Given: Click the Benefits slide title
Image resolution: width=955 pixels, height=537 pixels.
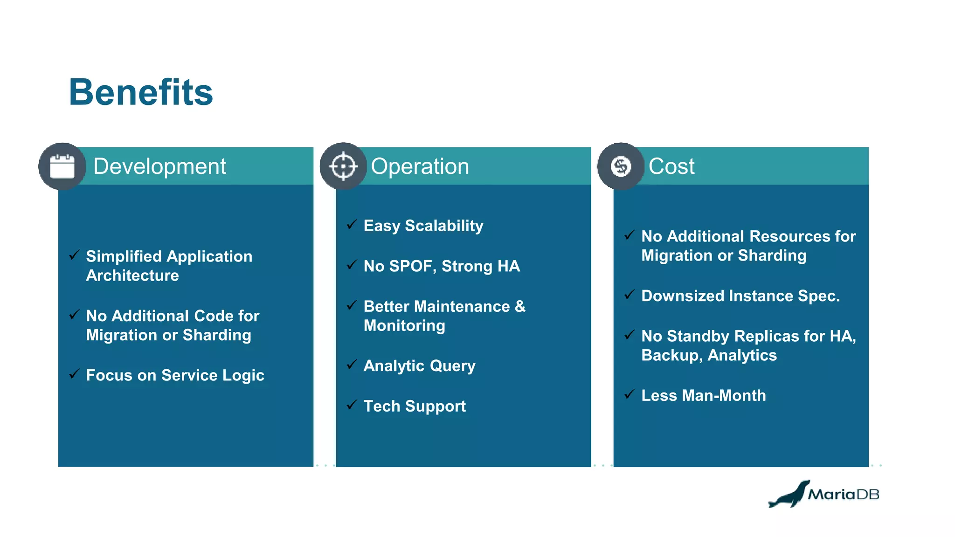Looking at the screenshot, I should [141, 92].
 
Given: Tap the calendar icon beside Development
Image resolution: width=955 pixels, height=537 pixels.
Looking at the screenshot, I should [62, 166].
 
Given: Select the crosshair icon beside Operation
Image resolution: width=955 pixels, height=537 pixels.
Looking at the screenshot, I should [343, 166].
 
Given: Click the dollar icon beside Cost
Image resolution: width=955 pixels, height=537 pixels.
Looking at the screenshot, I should [621, 166].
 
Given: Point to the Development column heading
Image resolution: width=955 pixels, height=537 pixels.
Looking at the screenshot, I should [159, 166].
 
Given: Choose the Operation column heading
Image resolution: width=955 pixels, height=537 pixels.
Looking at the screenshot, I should [420, 166].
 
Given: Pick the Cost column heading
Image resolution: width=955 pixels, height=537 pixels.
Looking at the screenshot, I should [671, 166].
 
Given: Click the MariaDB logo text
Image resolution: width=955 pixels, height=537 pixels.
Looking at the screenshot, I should [844, 494].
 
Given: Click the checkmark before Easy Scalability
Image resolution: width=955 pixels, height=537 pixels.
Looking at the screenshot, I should [352, 224].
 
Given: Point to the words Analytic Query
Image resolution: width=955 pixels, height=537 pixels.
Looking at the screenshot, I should [419, 366].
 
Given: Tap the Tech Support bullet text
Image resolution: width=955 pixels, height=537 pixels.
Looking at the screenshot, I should [415, 406].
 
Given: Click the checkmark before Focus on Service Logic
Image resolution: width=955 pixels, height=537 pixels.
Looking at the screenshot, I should [74, 374].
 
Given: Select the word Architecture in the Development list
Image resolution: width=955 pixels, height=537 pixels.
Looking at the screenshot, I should [132, 275].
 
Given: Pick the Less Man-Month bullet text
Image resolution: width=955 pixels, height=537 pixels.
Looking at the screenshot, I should [703, 395].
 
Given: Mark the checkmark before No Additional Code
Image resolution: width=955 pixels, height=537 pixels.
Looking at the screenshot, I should [74, 315].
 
